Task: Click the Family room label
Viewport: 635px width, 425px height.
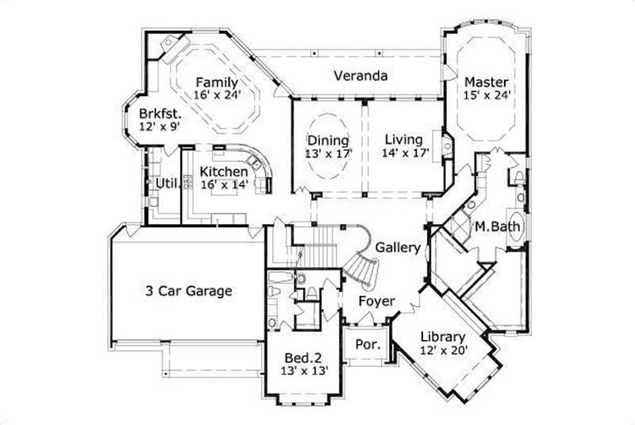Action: [217, 82]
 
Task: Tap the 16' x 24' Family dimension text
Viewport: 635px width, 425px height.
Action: [217, 95]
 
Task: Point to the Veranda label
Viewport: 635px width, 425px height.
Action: [360, 76]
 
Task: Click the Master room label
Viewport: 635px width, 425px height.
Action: [487, 82]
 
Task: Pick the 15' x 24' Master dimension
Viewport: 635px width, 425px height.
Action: [487, 95]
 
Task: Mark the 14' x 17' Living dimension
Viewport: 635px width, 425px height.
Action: [405, 153]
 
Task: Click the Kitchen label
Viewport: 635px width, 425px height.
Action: [224, 172]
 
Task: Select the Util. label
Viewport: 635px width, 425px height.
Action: [165, 184]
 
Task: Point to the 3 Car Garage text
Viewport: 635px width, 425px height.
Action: [189, 291]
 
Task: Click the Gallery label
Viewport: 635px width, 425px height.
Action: [398, 248]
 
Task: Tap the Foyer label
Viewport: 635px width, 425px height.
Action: [373, 302]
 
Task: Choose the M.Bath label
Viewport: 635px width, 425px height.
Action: [498, 228]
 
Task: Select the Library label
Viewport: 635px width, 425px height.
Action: [442, 335]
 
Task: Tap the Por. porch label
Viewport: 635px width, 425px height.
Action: [367, 346]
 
